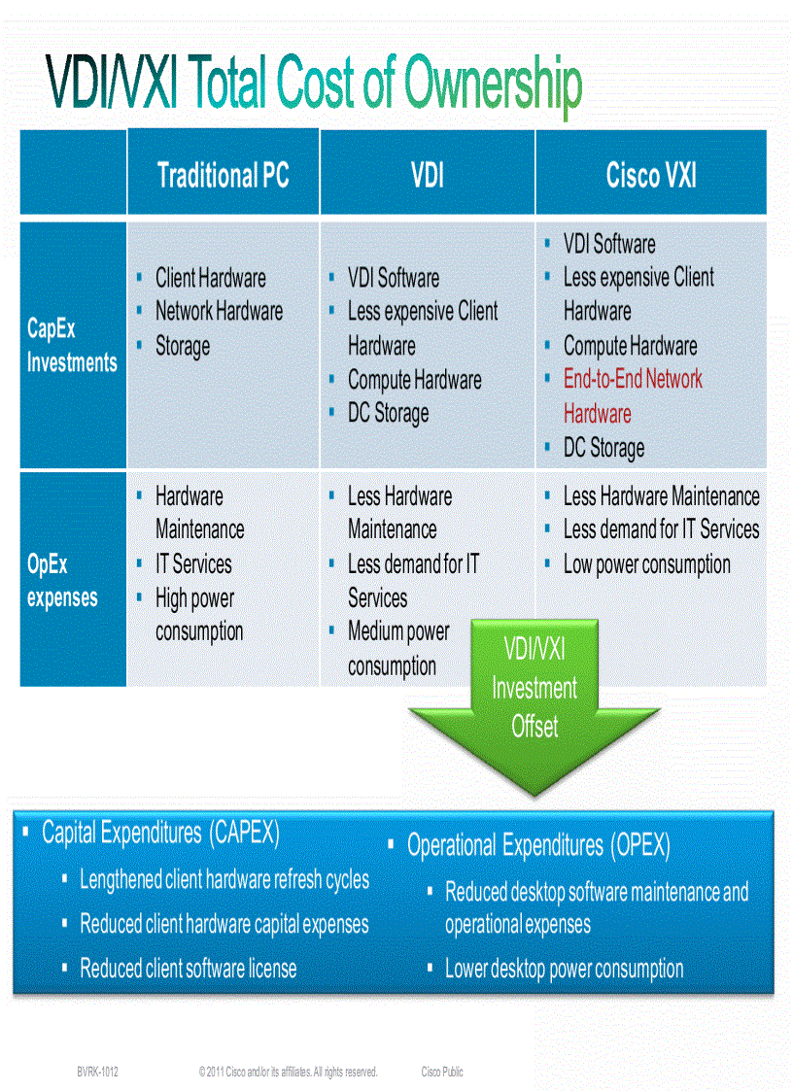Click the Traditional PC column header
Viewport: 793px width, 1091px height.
(x=223, y=176)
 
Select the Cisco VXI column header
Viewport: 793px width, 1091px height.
(x=651, y=176)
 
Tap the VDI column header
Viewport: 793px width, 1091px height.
(x=427, y=176)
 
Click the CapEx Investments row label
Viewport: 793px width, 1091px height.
(x=72, y=346)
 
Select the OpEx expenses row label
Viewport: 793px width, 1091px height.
(x=62, y=581)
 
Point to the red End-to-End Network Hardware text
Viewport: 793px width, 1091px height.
(x=633, y=396)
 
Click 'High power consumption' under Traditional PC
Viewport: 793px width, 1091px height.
(x=199, y=614)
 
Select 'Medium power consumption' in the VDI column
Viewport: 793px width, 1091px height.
(x=398, y=649)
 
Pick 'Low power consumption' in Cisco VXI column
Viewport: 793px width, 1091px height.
(x=646, y=564)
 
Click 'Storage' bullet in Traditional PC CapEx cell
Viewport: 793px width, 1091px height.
(x=183, y=347)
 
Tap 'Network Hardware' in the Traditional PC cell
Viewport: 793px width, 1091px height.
(x=219, y=312)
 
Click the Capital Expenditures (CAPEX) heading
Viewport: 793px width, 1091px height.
(x=160, y=833)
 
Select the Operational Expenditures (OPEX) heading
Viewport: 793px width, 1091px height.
(x=538, y=845)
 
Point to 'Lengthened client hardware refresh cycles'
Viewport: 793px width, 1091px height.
(x=224, y=879)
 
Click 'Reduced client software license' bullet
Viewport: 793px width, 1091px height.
(x=189, y=968)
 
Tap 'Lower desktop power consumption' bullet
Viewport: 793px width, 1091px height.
(x=564, y=969)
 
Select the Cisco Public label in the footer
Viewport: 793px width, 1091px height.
(x=442, y=1072)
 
